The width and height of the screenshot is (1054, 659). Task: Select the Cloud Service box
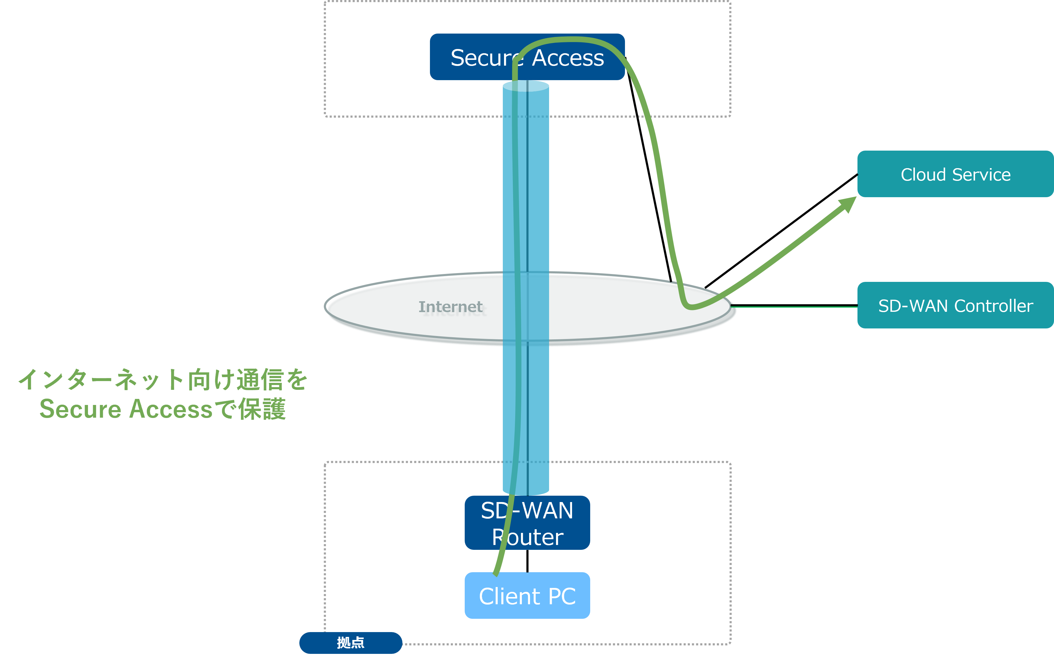[955, 174]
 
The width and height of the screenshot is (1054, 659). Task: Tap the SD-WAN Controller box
[955, 305]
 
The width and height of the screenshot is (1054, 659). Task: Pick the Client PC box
[527, 596]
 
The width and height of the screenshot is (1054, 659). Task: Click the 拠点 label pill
[350, 642]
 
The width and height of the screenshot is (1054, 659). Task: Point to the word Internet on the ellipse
[450, 307]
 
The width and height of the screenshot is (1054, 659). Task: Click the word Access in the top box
[568, 58]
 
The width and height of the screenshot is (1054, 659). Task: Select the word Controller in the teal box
[994, 306]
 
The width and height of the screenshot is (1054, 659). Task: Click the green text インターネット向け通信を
[163, 379]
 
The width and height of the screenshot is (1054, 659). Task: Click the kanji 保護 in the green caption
[262, 409]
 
